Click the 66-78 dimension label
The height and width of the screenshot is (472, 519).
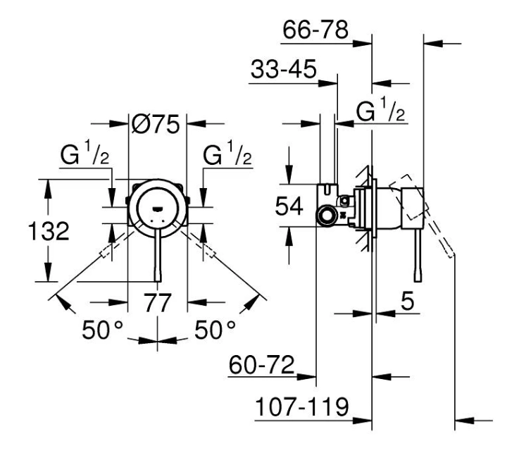click(x=315, y=30)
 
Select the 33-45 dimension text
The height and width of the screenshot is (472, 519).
click(x=284, y=69)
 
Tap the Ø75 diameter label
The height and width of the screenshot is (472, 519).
click(x=156, y=124)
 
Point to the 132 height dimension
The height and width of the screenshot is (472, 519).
click(x=49, y=231)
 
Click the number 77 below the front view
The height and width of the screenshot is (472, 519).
click(x=158, y=303)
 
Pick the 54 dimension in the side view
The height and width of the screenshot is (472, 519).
click(x=289, y=206)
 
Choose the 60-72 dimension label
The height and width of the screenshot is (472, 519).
click(x=261, y=365)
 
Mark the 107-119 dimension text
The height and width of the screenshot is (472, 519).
click(x=302, y=406)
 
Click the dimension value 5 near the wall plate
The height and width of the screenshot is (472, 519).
click(x=408, y=301)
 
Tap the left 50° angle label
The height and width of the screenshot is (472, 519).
click(x=102, y=330)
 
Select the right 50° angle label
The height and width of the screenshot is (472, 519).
click(x=215, y=330)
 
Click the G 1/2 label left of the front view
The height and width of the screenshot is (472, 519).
click(x=85, y=153)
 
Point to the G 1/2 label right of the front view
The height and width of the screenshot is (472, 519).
click(x=227, y=153)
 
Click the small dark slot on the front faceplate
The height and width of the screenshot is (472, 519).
click(x=157, y=209)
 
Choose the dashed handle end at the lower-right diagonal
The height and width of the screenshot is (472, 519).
click(x=209, y=251)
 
